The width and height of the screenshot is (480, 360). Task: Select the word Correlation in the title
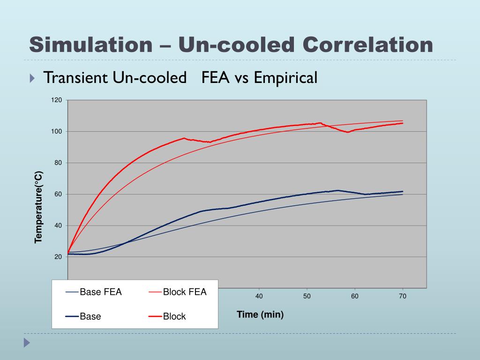point(367,45)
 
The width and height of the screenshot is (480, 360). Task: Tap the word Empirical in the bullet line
point(285,78)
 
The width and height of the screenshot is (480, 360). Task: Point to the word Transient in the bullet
point(75,78)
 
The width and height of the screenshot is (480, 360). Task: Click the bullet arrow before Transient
point(32,78)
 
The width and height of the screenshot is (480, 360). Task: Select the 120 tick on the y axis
point(57,100)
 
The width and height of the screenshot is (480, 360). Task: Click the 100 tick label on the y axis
point(57,132)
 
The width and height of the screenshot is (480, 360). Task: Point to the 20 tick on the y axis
point(58,257)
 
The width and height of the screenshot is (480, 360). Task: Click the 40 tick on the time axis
point(259,296)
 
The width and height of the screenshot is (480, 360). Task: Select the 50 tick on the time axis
point(307,296)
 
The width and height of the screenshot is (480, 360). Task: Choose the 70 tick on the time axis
point(402,296)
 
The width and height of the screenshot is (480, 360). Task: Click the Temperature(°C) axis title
point(39,207)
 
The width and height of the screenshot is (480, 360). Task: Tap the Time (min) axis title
point(260,315)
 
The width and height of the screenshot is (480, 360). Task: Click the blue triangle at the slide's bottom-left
point(27,343)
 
